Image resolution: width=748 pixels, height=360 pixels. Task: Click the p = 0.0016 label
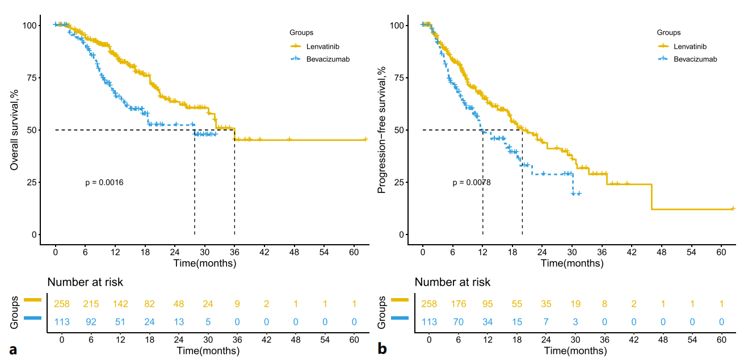click(x=104, y=183)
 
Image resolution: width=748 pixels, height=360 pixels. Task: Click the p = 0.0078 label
click(x=472, y=183)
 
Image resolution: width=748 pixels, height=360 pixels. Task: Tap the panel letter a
click(x=12, y=349)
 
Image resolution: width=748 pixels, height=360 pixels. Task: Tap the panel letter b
click(x=383, y=349)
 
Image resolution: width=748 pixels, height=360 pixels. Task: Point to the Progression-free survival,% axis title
click(x=382, y=130)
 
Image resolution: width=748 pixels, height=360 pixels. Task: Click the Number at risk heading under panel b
click(x=452, y=282)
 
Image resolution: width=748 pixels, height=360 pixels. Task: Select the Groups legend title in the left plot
click(x=301, y=32)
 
